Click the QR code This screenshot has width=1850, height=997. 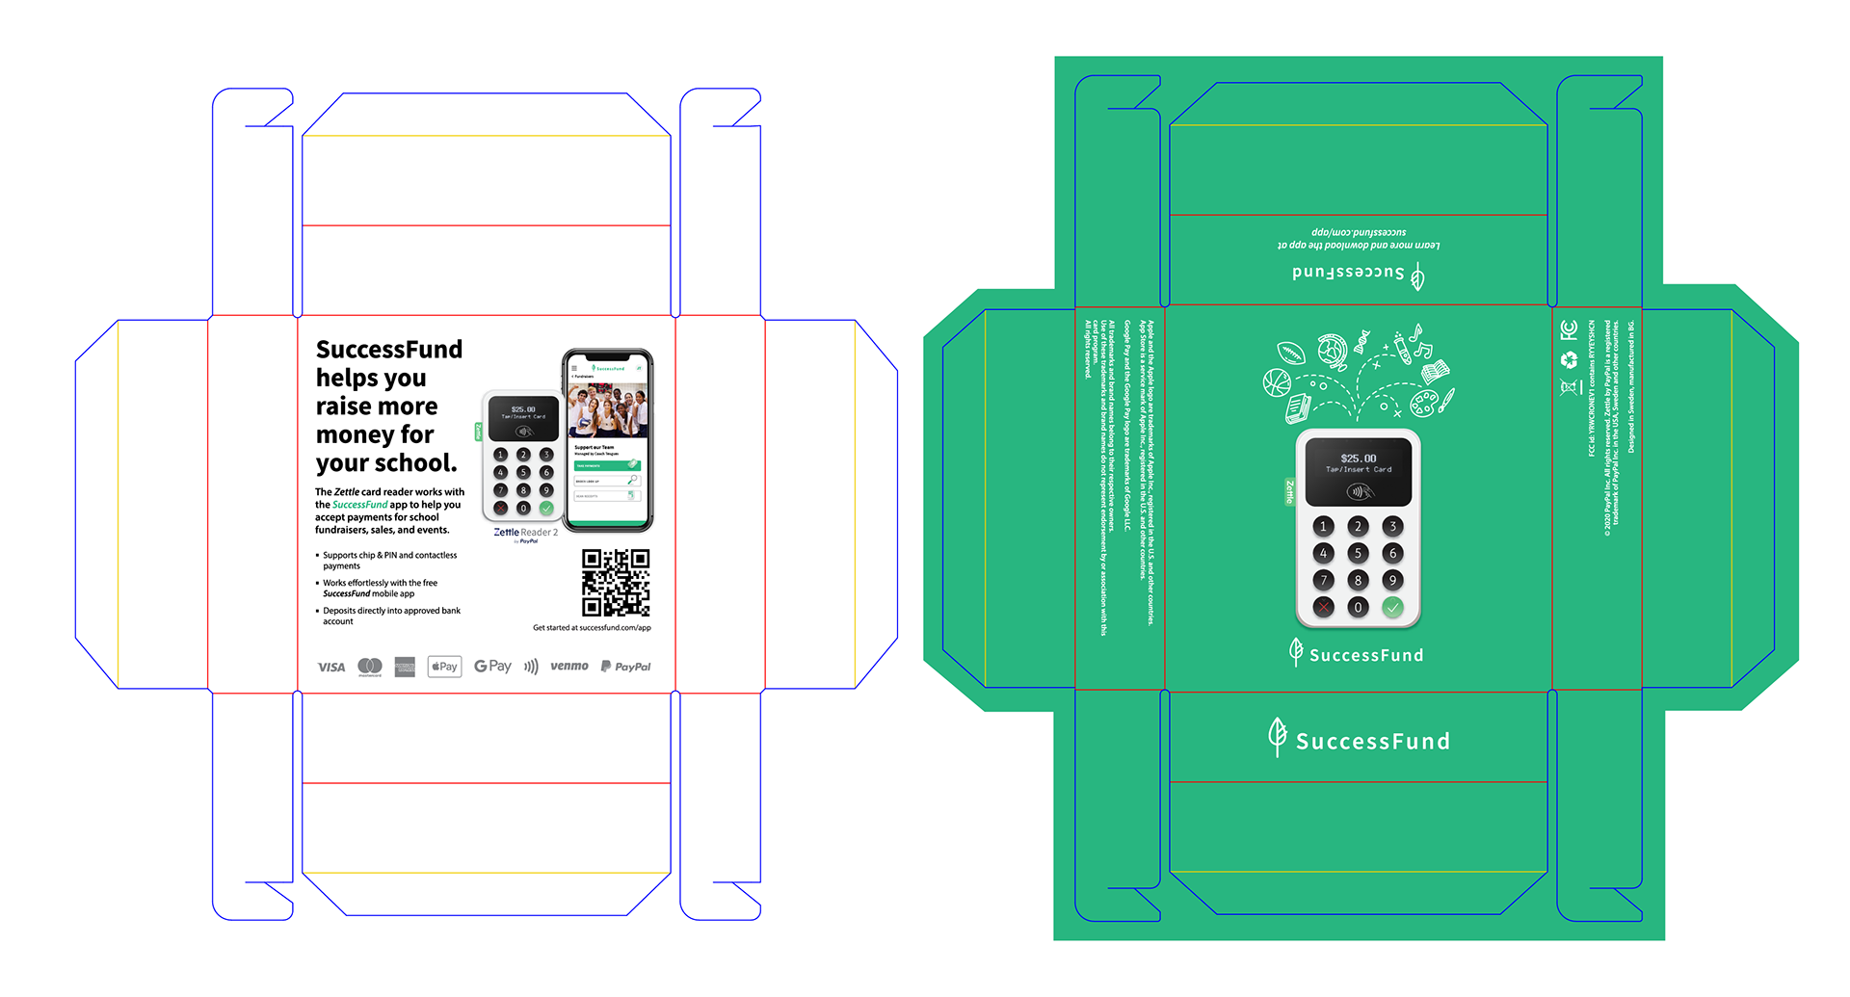(x=617, y=582)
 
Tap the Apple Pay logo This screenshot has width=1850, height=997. (x=444, y=667)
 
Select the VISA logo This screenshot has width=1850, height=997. (x=330, y=667)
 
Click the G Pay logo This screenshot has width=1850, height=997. (x=492, y=667)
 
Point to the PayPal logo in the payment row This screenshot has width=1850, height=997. (x=625, y=667)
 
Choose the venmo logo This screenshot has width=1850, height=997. (x=569, y=667)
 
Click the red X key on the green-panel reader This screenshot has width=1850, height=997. (x=1324, y=607)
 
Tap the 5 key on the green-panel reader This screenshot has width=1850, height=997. (x=1358, y=553)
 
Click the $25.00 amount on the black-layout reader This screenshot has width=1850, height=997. (x=523, y=409)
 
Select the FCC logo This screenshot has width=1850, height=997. (x=1569, y=330)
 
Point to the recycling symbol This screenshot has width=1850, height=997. (x=1570, y=359)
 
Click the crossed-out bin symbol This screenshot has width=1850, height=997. (x=1570, y=387)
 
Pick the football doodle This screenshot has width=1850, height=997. (x=1291, y=354)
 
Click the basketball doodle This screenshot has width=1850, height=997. (x=1277, y=383)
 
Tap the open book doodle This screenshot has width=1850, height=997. (x=1435, y=372)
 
